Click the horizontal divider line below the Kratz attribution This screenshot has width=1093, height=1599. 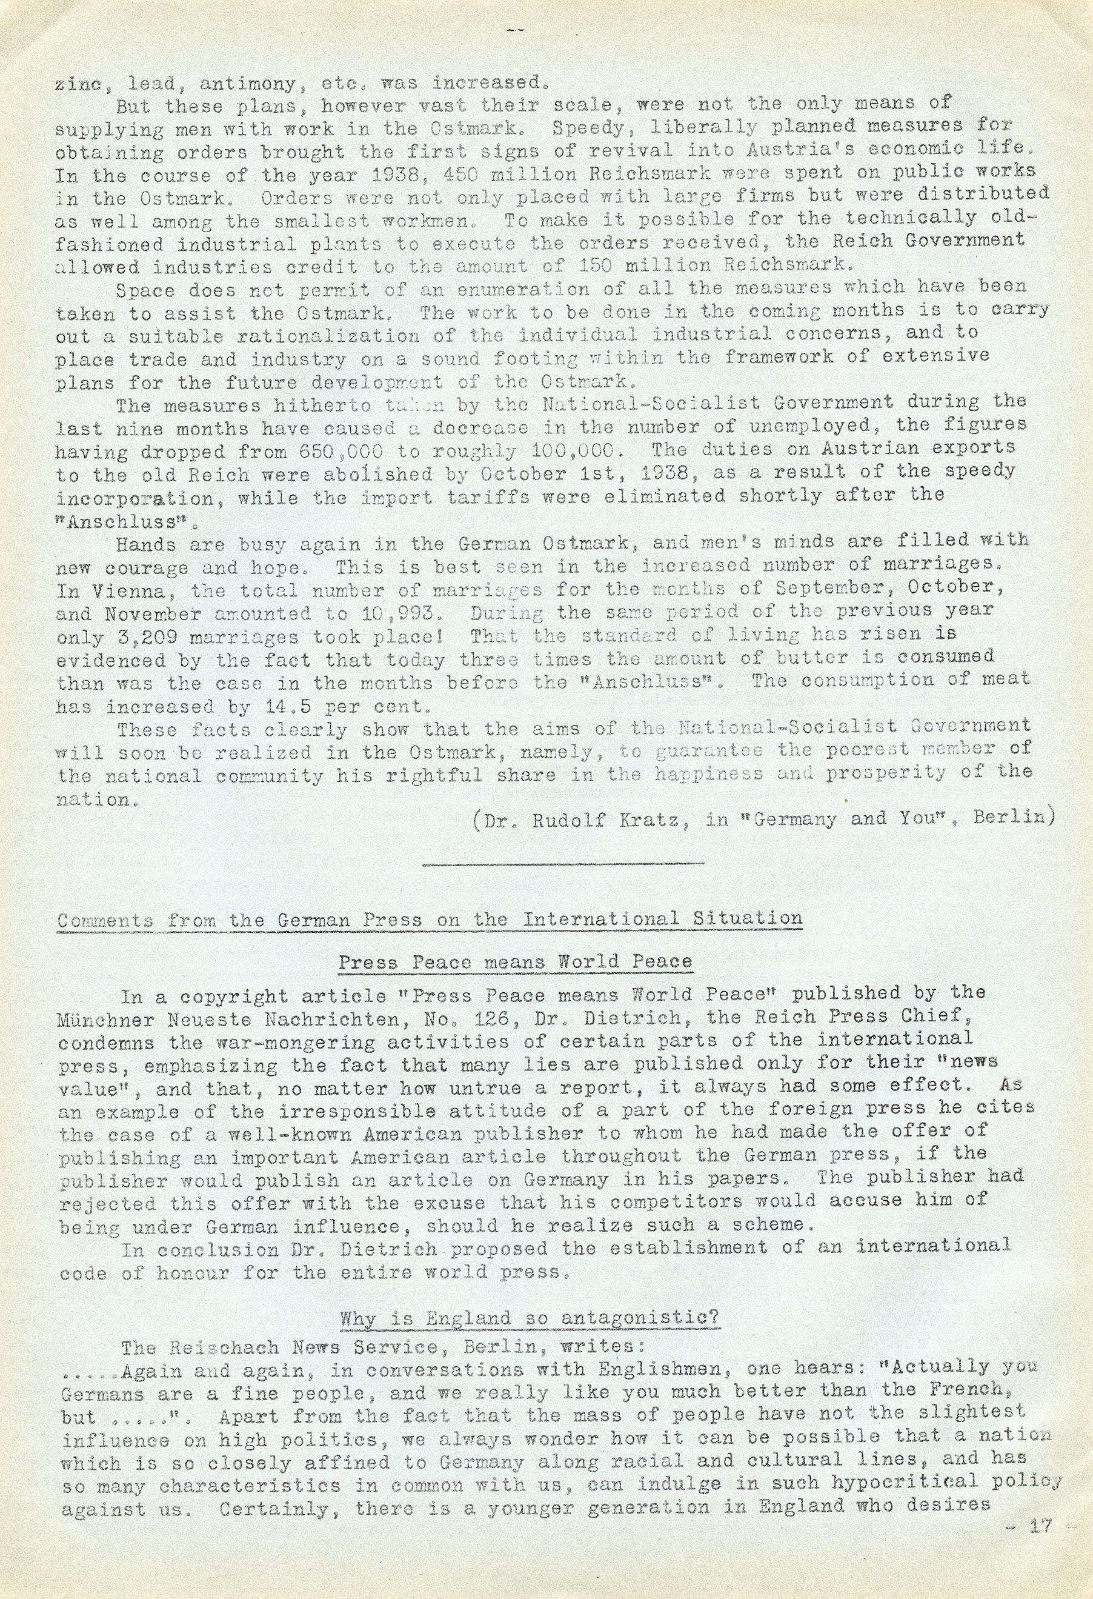coord(563,862)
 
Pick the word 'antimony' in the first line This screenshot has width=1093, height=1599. coord(252,84)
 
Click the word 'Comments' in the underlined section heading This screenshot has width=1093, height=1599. coord(105,921)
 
